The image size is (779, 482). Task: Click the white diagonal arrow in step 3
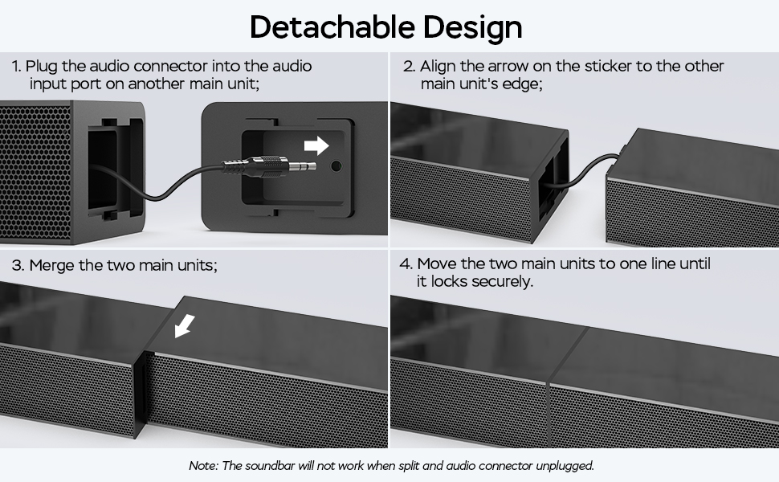(185, 325)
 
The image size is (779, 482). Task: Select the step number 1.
(15, 67)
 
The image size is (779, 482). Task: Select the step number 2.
(407, 67)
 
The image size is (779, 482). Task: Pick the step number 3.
(17, 266)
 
